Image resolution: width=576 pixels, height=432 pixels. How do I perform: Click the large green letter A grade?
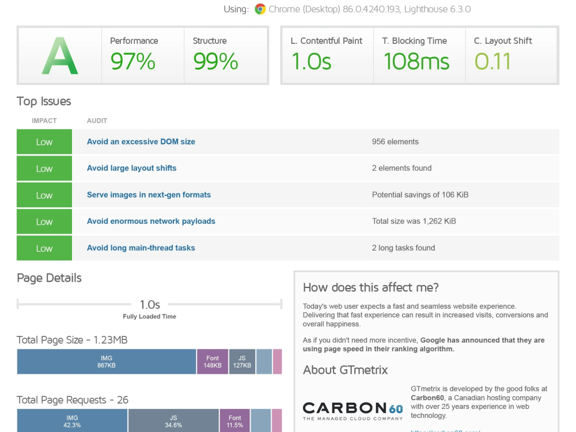point(60,56)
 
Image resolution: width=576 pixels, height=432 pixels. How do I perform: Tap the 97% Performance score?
point(132,61)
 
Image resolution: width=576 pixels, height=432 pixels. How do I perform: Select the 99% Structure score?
point(215,61)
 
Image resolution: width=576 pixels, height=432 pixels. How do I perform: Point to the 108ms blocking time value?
point(416,61)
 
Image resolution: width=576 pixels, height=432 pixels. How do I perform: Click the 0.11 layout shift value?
point(492,61)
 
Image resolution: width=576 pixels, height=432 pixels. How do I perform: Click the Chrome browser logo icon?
point(260,9)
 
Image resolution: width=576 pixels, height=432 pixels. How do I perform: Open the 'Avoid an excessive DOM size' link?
point(141,142)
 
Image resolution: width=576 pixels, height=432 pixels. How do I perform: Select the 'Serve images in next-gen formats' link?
point(149,195)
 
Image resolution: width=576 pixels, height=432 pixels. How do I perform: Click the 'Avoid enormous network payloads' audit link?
point(151,221)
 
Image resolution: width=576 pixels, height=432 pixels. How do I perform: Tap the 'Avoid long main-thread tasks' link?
point(141,248)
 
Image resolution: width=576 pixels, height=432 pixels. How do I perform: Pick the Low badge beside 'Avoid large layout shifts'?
point(44,168)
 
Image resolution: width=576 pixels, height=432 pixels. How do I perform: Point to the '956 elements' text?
point(395,142)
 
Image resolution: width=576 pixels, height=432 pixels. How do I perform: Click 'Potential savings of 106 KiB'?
point(420,195)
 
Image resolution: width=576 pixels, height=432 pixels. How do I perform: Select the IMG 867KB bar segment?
point(107,362)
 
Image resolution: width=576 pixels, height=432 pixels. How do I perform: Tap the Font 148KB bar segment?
point(213,362)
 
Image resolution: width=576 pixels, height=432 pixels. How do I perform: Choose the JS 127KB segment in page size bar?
point(242,362)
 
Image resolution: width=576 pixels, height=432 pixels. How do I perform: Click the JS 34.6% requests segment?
point(173,420)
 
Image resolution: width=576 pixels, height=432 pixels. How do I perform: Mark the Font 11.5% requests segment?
point(235,420)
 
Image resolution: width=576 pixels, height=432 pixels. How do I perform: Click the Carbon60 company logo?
point(353,411)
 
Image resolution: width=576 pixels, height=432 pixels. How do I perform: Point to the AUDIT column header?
point(97,121)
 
